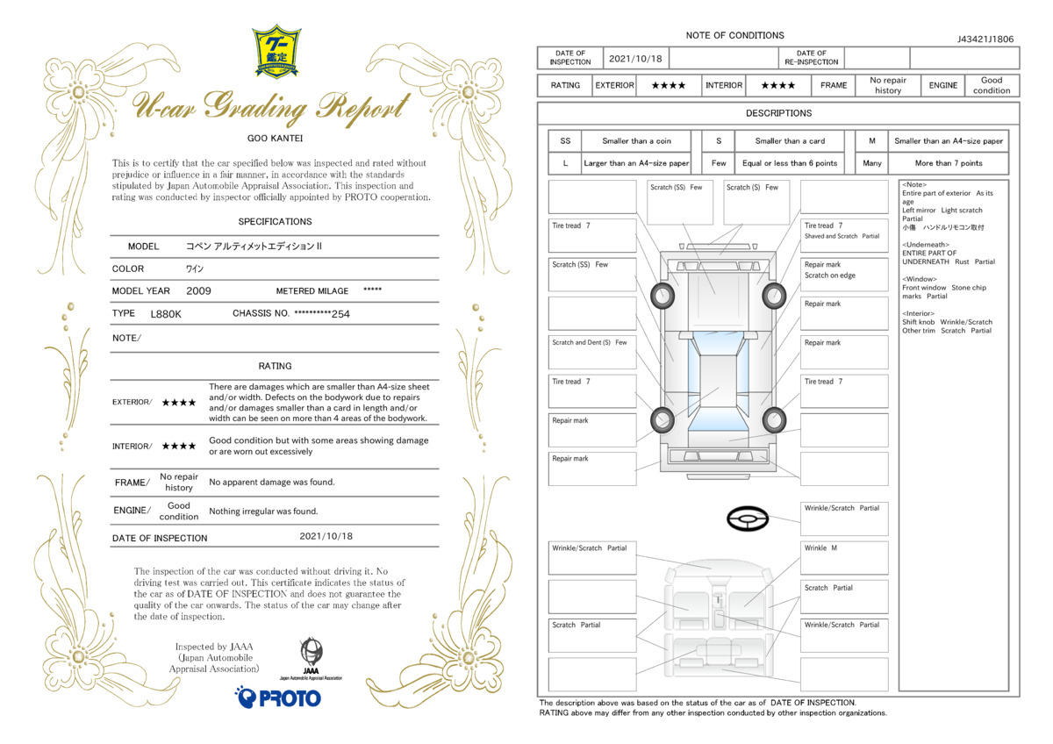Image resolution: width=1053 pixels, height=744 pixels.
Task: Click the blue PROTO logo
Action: (278, 697)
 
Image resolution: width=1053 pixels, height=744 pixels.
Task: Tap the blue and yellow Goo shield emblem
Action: (276, 51)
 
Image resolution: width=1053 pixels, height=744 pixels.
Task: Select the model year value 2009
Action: (198, 291)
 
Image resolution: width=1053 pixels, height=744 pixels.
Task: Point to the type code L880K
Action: (166, 314)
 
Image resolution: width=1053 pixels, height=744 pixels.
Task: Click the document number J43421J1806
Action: (985, 39)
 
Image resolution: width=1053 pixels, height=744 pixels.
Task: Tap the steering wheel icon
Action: (748, 519)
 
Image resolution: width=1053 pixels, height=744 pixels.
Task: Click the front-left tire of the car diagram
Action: (663, 296)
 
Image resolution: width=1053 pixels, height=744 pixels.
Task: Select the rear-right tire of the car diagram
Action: (774, 419)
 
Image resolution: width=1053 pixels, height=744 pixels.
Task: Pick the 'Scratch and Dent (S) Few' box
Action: (592, 352)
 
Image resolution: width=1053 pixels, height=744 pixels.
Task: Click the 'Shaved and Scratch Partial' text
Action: (842, 236)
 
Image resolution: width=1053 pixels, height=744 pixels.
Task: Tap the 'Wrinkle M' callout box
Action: (844, 558)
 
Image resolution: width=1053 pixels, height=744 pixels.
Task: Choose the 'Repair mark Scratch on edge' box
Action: (844, 275)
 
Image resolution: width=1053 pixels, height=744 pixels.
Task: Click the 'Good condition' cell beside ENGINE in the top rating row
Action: (992, 85)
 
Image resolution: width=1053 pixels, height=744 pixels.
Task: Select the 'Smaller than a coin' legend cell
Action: (636, 141)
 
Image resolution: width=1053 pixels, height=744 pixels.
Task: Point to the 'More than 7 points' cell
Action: (949, 163)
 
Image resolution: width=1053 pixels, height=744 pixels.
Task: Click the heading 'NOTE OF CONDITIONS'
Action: (734, 35)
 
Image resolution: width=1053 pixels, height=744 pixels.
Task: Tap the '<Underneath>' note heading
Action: (925, 245)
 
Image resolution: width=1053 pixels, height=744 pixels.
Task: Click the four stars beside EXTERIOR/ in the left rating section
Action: (179, 403)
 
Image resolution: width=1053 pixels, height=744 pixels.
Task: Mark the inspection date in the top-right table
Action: (635, 59)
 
